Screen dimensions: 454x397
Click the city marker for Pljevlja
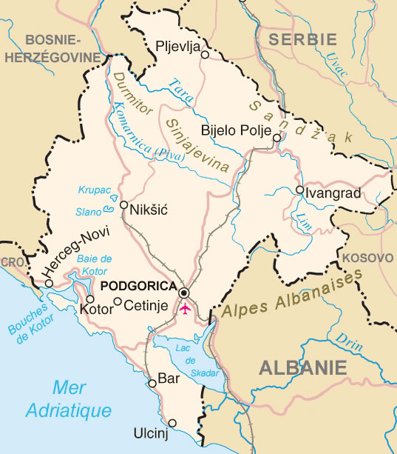205,54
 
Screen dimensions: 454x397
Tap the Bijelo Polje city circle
276,138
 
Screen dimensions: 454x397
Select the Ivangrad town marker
299,190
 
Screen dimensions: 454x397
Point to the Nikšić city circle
123,205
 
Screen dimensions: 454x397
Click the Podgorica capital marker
184,292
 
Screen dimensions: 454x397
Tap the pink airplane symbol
185,307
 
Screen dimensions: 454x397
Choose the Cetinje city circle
118,301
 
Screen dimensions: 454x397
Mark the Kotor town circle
90,298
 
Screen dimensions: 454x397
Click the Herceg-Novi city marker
48,283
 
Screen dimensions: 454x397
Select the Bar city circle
152,383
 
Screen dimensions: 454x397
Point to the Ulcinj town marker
172,424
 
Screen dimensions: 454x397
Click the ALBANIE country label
302,367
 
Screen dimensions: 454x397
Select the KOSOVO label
368,258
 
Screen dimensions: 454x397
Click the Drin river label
346,338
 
